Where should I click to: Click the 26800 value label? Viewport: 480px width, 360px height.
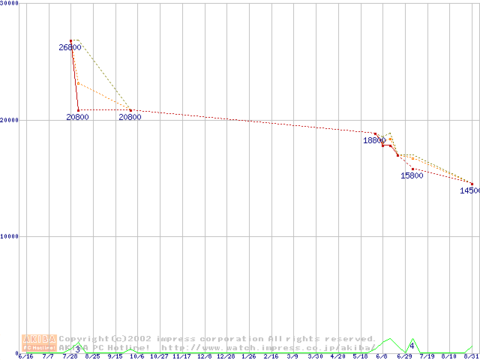[70, 47]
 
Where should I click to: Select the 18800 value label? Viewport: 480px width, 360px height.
[375, 140]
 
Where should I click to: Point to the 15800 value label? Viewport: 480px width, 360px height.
[412, 176]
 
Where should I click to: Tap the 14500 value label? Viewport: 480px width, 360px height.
[470, 190]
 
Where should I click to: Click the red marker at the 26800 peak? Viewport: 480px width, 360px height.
[71, 40]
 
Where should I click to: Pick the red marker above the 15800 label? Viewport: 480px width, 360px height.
[412, 169]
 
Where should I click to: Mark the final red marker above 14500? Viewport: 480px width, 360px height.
[472, 183]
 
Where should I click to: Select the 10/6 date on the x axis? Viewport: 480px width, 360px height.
[137, 357]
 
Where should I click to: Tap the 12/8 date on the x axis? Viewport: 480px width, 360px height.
[205, 357]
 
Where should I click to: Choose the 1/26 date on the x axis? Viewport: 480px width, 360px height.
[250, 357]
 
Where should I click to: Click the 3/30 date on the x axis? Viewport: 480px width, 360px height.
[316, 357]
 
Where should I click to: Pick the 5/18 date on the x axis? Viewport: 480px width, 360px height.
[361, 357]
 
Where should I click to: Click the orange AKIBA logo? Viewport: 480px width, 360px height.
[39, 343]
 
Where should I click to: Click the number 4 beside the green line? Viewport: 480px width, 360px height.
[412, 346]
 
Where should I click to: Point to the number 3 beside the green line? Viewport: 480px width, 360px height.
[77, 349]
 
